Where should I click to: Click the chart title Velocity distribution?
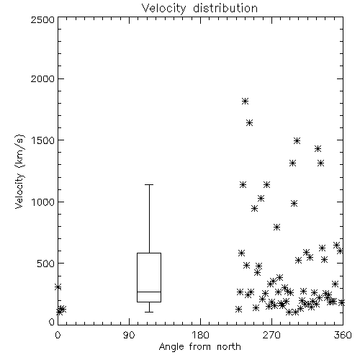(199, 8)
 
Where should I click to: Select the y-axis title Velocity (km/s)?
(19, 171)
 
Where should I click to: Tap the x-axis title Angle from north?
(199, 346)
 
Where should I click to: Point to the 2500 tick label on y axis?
(42, 19)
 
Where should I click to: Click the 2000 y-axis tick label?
(42, 78)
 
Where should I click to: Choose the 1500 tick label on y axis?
(43, 140)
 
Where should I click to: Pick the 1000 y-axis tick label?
(43, 202)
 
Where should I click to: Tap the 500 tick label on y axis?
(46, 264)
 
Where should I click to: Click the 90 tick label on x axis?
(129, 335)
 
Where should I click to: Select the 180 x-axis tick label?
(200, 335)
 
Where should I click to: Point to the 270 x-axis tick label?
(271, 335)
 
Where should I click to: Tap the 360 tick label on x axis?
(343, 335)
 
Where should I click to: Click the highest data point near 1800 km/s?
(245, 101)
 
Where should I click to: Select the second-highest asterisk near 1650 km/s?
(250, 123)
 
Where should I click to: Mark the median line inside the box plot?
(149, 292)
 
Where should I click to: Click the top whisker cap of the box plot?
(149, 184)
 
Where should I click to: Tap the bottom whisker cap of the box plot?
(149, 312)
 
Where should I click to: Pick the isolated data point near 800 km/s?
(277, 227)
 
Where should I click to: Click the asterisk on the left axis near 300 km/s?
(58, 287)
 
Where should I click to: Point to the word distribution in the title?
(225, 8)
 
